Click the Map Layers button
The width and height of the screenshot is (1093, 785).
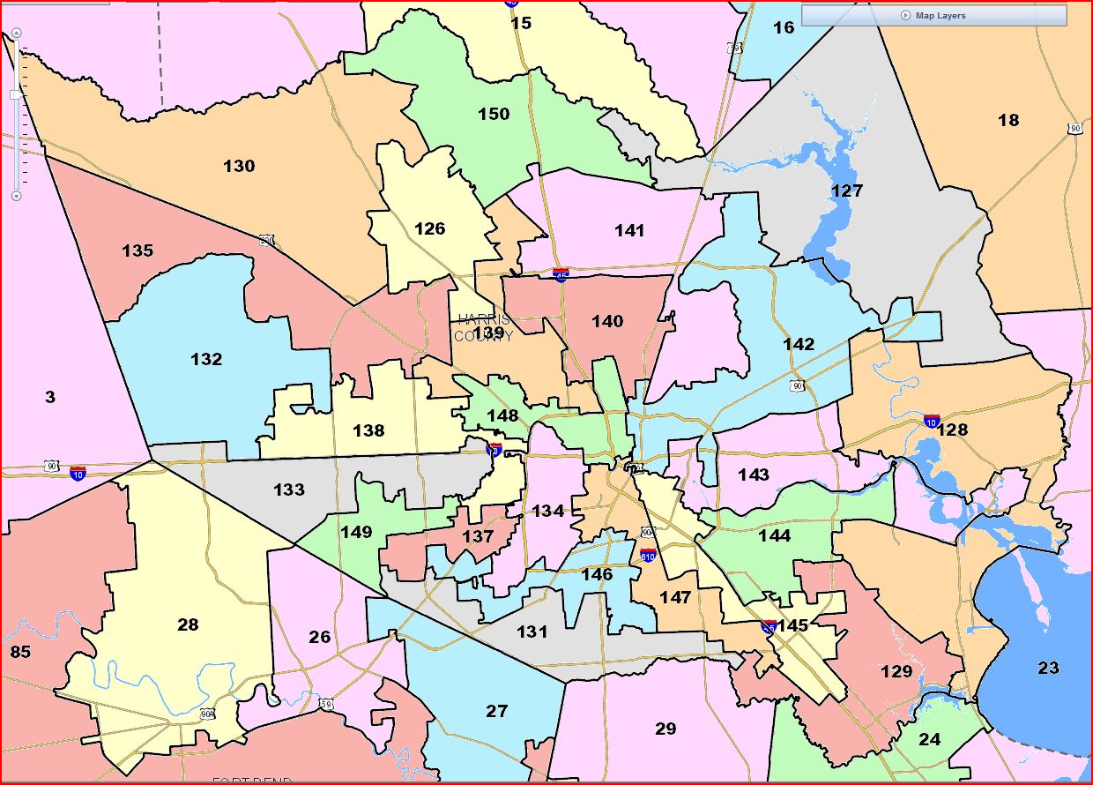pos(933,16)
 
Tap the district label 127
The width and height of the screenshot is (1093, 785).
pos(846,191)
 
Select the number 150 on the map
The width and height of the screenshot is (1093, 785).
pos(494,114)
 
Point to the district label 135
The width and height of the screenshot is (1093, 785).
pos(138,250)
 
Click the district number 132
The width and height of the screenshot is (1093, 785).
pos(206,359)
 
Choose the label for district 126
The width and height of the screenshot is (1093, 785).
pos(429,228)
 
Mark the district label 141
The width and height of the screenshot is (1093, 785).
pos(629,230)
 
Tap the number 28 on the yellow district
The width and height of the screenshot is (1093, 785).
pos(188,624)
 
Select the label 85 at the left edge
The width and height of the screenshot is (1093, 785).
pos(19,653)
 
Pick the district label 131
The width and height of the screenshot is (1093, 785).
pos(532,632)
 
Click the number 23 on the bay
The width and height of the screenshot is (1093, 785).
pos(1048,668)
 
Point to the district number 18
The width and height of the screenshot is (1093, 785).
pos(1008,120)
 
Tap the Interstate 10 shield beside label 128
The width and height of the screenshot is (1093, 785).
pos(932,421)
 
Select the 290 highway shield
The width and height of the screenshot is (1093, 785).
pos(266,240)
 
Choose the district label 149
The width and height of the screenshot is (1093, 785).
pos(356,532)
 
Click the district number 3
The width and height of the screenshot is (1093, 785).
pos(50,398)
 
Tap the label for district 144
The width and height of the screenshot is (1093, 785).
pos(774,535)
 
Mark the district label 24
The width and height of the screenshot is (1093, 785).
pos(930,739)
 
